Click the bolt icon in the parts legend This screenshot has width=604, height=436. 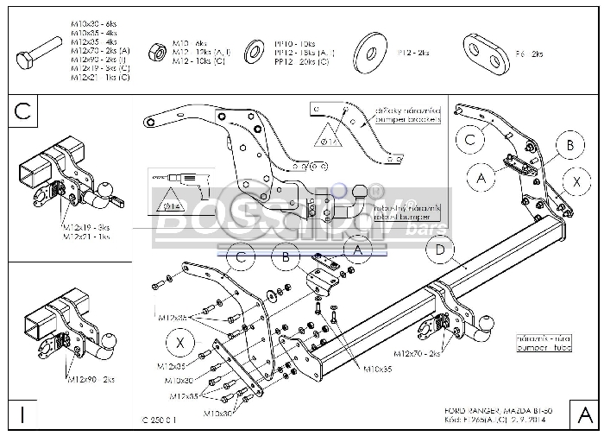pos(32,54)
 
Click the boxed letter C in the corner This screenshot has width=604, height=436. pos(23,110)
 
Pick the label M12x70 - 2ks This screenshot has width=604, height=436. pos(417,354)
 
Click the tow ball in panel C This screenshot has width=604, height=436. pos(107,187)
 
